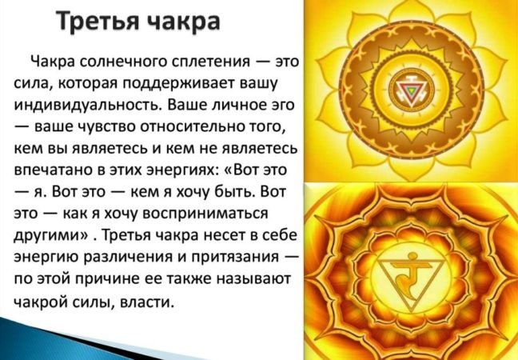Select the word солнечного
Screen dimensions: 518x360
124,62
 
